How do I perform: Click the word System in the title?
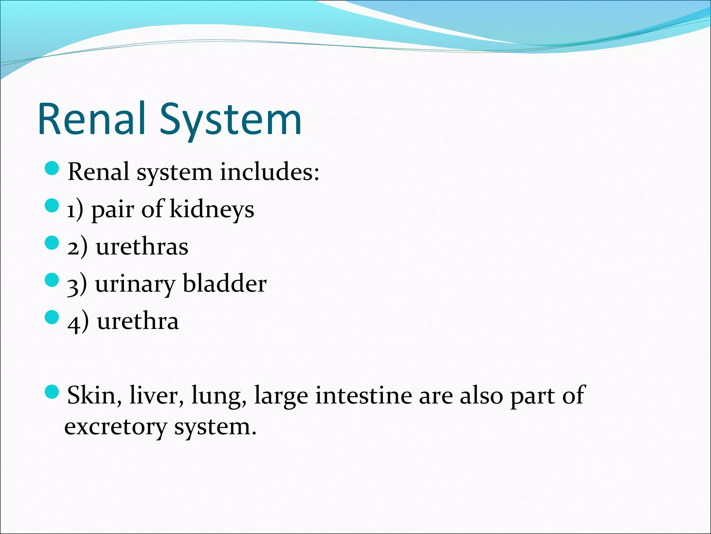[x=231, y=120]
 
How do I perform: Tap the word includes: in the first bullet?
[x=269, y=172]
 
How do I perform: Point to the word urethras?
[x=142, y=247]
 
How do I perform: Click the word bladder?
[x=225, y=284]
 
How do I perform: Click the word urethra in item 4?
[x=138, y=321]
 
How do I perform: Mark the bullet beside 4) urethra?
[x=52, y=317]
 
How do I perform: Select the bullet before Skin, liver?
[x=52, y=392]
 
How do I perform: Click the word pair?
[x=112, y=211]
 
